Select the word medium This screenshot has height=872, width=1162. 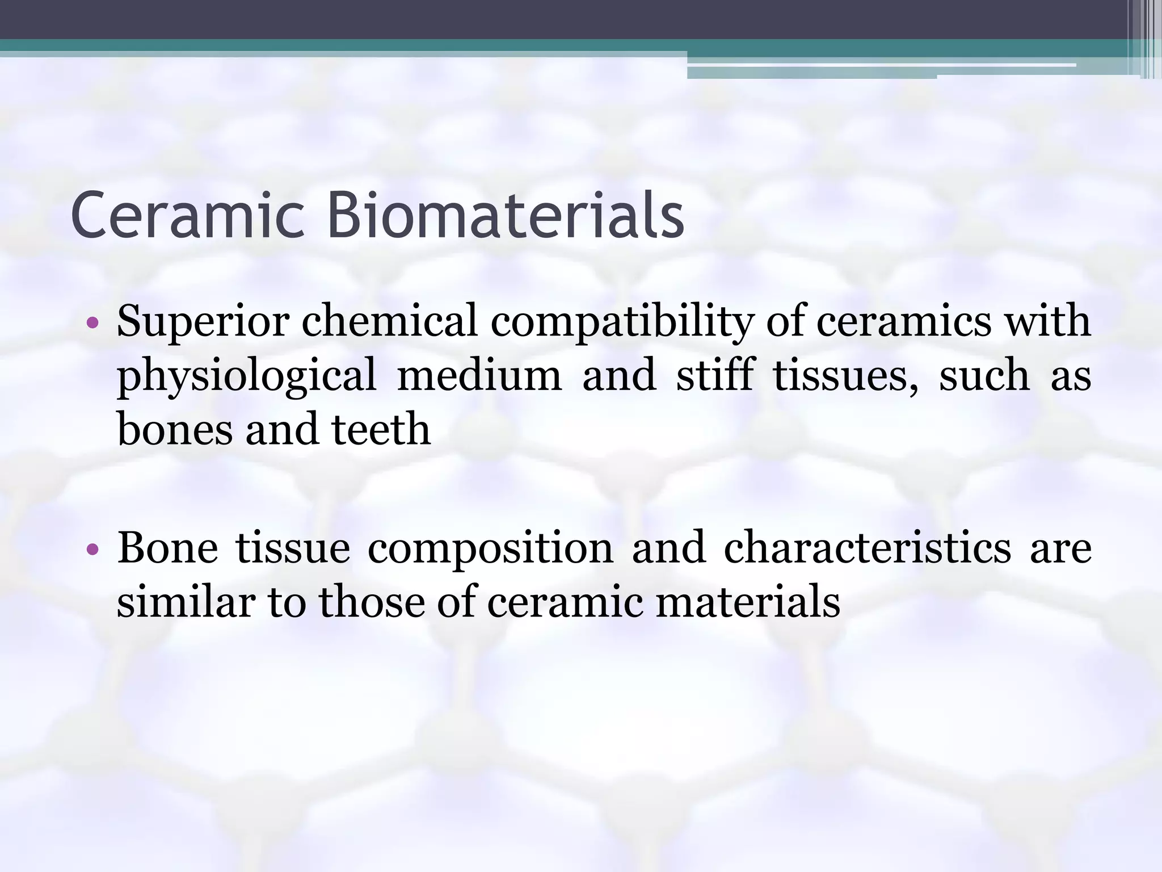coord(479,375)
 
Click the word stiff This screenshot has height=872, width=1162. coord(715,375)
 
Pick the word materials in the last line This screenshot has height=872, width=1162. coord(748,602)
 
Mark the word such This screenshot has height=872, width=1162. coord(984,375)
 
